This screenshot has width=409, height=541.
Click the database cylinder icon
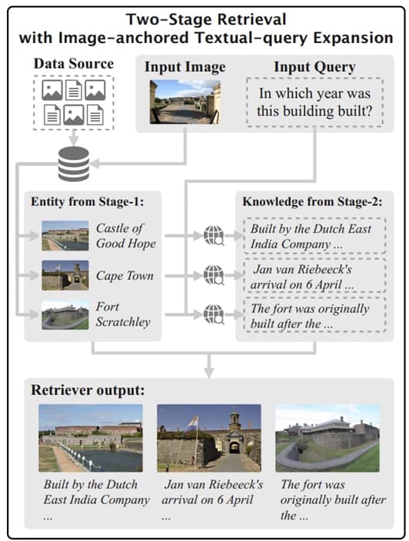[74, 164]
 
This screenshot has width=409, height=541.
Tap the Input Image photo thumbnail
[185, 102]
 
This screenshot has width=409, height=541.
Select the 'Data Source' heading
[74, 64]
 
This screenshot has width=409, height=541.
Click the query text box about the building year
[314, 102]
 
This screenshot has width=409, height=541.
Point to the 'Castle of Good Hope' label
[126, 236]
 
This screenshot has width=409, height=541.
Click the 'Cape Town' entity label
[125, 276]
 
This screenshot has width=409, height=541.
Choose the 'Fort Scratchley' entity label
[123, 314]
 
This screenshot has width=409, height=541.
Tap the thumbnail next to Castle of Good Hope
[65, 236]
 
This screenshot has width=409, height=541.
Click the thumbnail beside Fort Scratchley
[65, 314]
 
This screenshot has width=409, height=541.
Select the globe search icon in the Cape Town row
[214, 275]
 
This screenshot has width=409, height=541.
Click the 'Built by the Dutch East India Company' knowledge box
[314, 236]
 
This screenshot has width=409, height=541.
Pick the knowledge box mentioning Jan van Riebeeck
[314, 276]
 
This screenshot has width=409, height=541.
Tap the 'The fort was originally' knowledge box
[314, 315]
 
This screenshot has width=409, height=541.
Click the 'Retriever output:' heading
[88, 390]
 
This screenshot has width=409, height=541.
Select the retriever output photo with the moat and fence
[91, 438]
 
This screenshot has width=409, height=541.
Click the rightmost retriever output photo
[328, 438]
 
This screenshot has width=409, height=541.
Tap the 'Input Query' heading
[314, 68]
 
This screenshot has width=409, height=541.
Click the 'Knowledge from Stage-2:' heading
[312, 202]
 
